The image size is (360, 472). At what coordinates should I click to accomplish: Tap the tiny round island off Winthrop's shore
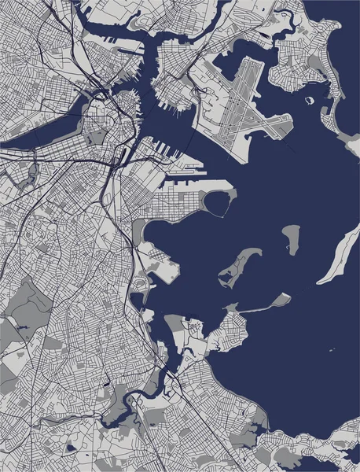pyautogui.click(x=309, y=99)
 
